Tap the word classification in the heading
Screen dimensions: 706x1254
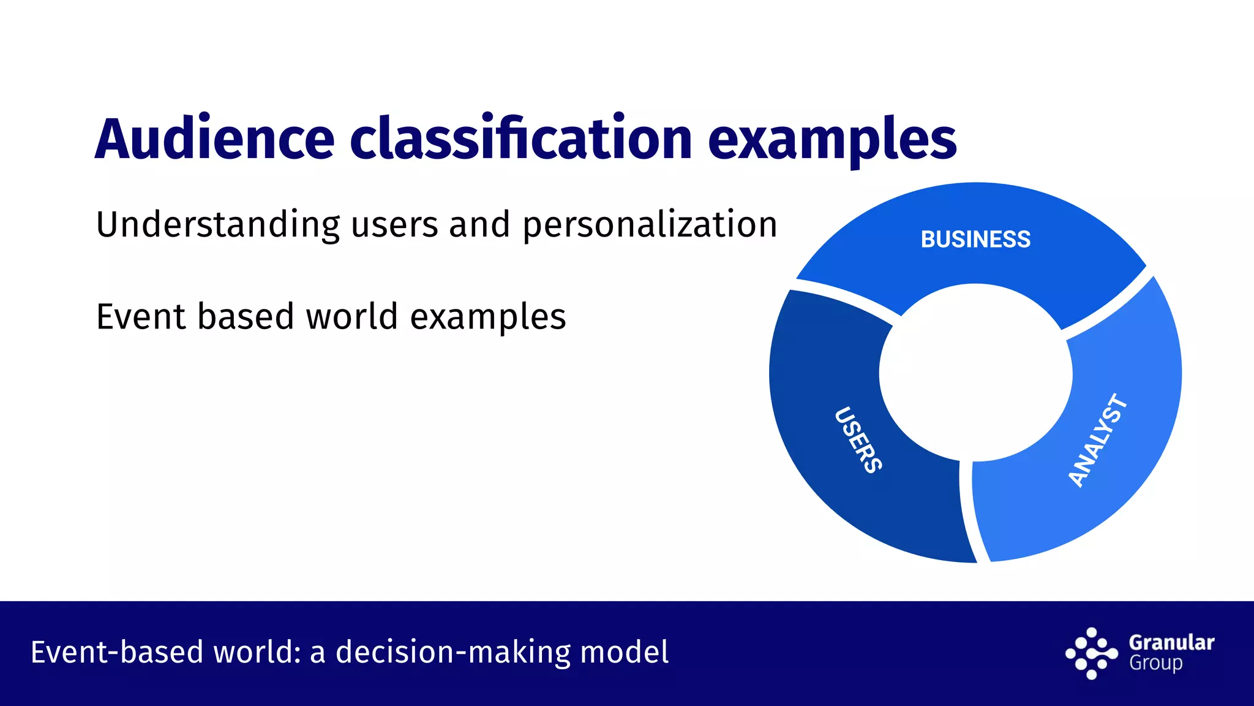click(520, 139)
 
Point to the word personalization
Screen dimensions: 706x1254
click(650, 225)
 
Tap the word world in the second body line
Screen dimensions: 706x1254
click(351, 317)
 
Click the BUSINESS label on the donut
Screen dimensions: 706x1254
click(975, 240)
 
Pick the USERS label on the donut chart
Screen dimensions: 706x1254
click(858, 439)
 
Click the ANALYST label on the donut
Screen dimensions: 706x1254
click(1097, 440)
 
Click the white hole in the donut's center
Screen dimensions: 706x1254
click(975, 373)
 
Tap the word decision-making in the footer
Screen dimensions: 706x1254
click(452, 652)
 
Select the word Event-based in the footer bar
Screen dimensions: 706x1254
click(116, 652)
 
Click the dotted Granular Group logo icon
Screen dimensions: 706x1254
click(1091, 654)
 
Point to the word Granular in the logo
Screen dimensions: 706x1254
click(1171, 642)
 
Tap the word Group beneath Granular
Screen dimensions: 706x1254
click(1155, 664)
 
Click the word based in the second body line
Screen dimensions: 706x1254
click(245, 317)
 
